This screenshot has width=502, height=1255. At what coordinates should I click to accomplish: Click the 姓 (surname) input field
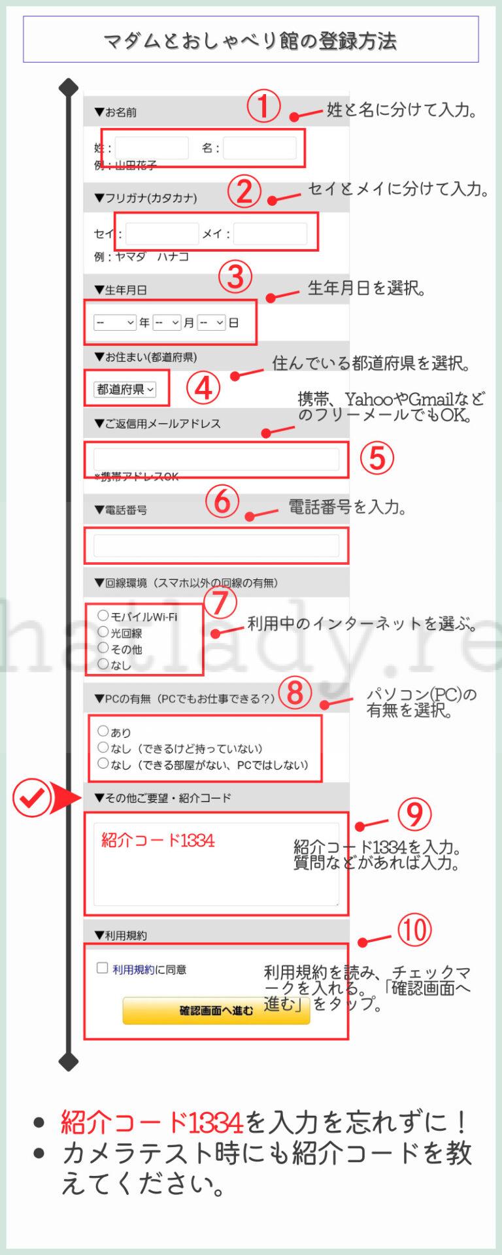pos(152,148)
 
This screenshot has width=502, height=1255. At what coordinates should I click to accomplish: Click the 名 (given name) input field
pos(259,148)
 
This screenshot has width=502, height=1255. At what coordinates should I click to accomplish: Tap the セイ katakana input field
pos(162,233)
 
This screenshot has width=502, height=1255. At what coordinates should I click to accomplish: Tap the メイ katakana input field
pos(270,233)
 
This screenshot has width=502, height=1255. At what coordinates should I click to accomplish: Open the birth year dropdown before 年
pos(114,322)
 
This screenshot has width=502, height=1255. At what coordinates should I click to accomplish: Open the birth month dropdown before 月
pos(167,322)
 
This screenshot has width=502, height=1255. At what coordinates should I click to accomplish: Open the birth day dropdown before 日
pos(211,322)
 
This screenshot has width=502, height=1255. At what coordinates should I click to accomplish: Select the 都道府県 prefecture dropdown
pos(125,389)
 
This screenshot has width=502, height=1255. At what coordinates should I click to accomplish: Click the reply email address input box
pos(216,459)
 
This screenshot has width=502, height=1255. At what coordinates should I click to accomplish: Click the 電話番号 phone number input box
pos(216,545)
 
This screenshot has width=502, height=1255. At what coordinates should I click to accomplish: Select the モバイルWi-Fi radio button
pos(103,615)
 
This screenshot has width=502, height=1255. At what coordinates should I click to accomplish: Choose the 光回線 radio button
pos(103,631)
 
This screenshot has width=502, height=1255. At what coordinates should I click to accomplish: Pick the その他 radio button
pos(103,647)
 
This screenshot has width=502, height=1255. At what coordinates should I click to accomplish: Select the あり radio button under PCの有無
pos(103,731)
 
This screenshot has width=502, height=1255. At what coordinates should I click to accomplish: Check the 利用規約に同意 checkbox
pos(102,967)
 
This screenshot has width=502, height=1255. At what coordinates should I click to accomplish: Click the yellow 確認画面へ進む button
pos(216,1011)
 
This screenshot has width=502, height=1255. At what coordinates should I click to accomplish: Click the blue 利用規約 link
pos(133,969)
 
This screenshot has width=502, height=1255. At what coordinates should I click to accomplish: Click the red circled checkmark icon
pos(32,798)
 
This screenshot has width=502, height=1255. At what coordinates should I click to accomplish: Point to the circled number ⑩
pos(415,929)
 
